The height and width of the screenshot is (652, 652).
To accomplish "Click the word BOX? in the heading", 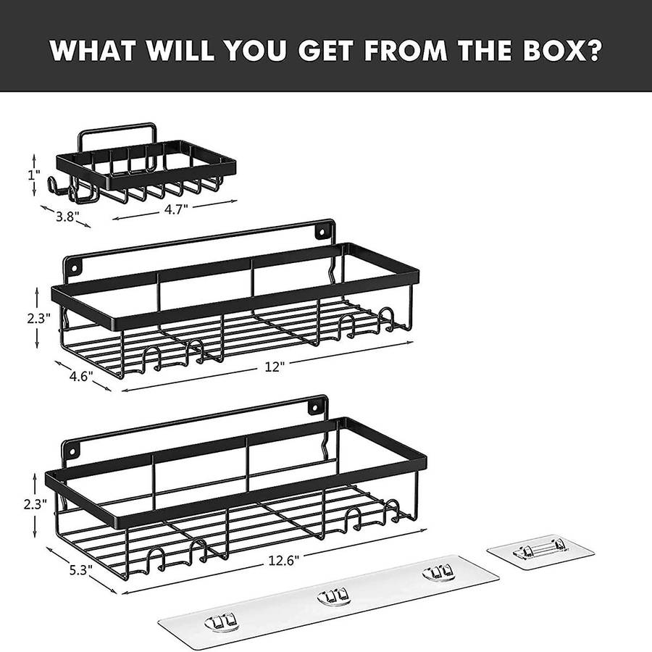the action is coord(561,50).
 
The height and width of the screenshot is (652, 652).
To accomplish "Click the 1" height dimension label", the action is coord(34,175).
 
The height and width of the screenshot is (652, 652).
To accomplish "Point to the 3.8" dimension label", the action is coord(67,216).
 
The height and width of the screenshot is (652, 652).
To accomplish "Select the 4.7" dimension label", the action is coord(176,209).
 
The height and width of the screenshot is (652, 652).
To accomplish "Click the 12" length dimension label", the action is coord(275,367).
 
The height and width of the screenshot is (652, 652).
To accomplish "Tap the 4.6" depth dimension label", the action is coord(81,376).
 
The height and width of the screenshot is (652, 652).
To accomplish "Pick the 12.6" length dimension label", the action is coord(283,561).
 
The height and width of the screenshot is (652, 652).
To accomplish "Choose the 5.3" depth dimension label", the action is coord(80,569).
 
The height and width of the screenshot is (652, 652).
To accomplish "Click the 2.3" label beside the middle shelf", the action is coord(38,318).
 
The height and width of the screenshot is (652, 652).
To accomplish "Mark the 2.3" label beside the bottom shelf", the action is coord(35,504).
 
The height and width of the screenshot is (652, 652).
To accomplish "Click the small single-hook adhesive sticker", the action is coord(540,552).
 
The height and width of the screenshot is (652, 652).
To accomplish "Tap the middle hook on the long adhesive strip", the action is coord(333,597).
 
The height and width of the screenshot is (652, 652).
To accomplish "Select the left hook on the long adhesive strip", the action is coord(221,622).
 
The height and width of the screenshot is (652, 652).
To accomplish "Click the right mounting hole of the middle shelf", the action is coord(321,232).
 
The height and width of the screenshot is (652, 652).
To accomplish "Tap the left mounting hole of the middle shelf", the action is coord(75,267).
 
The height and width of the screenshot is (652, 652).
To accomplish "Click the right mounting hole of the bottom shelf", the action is coord(315,407).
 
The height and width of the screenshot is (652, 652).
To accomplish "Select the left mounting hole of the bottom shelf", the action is coord(72,451).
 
